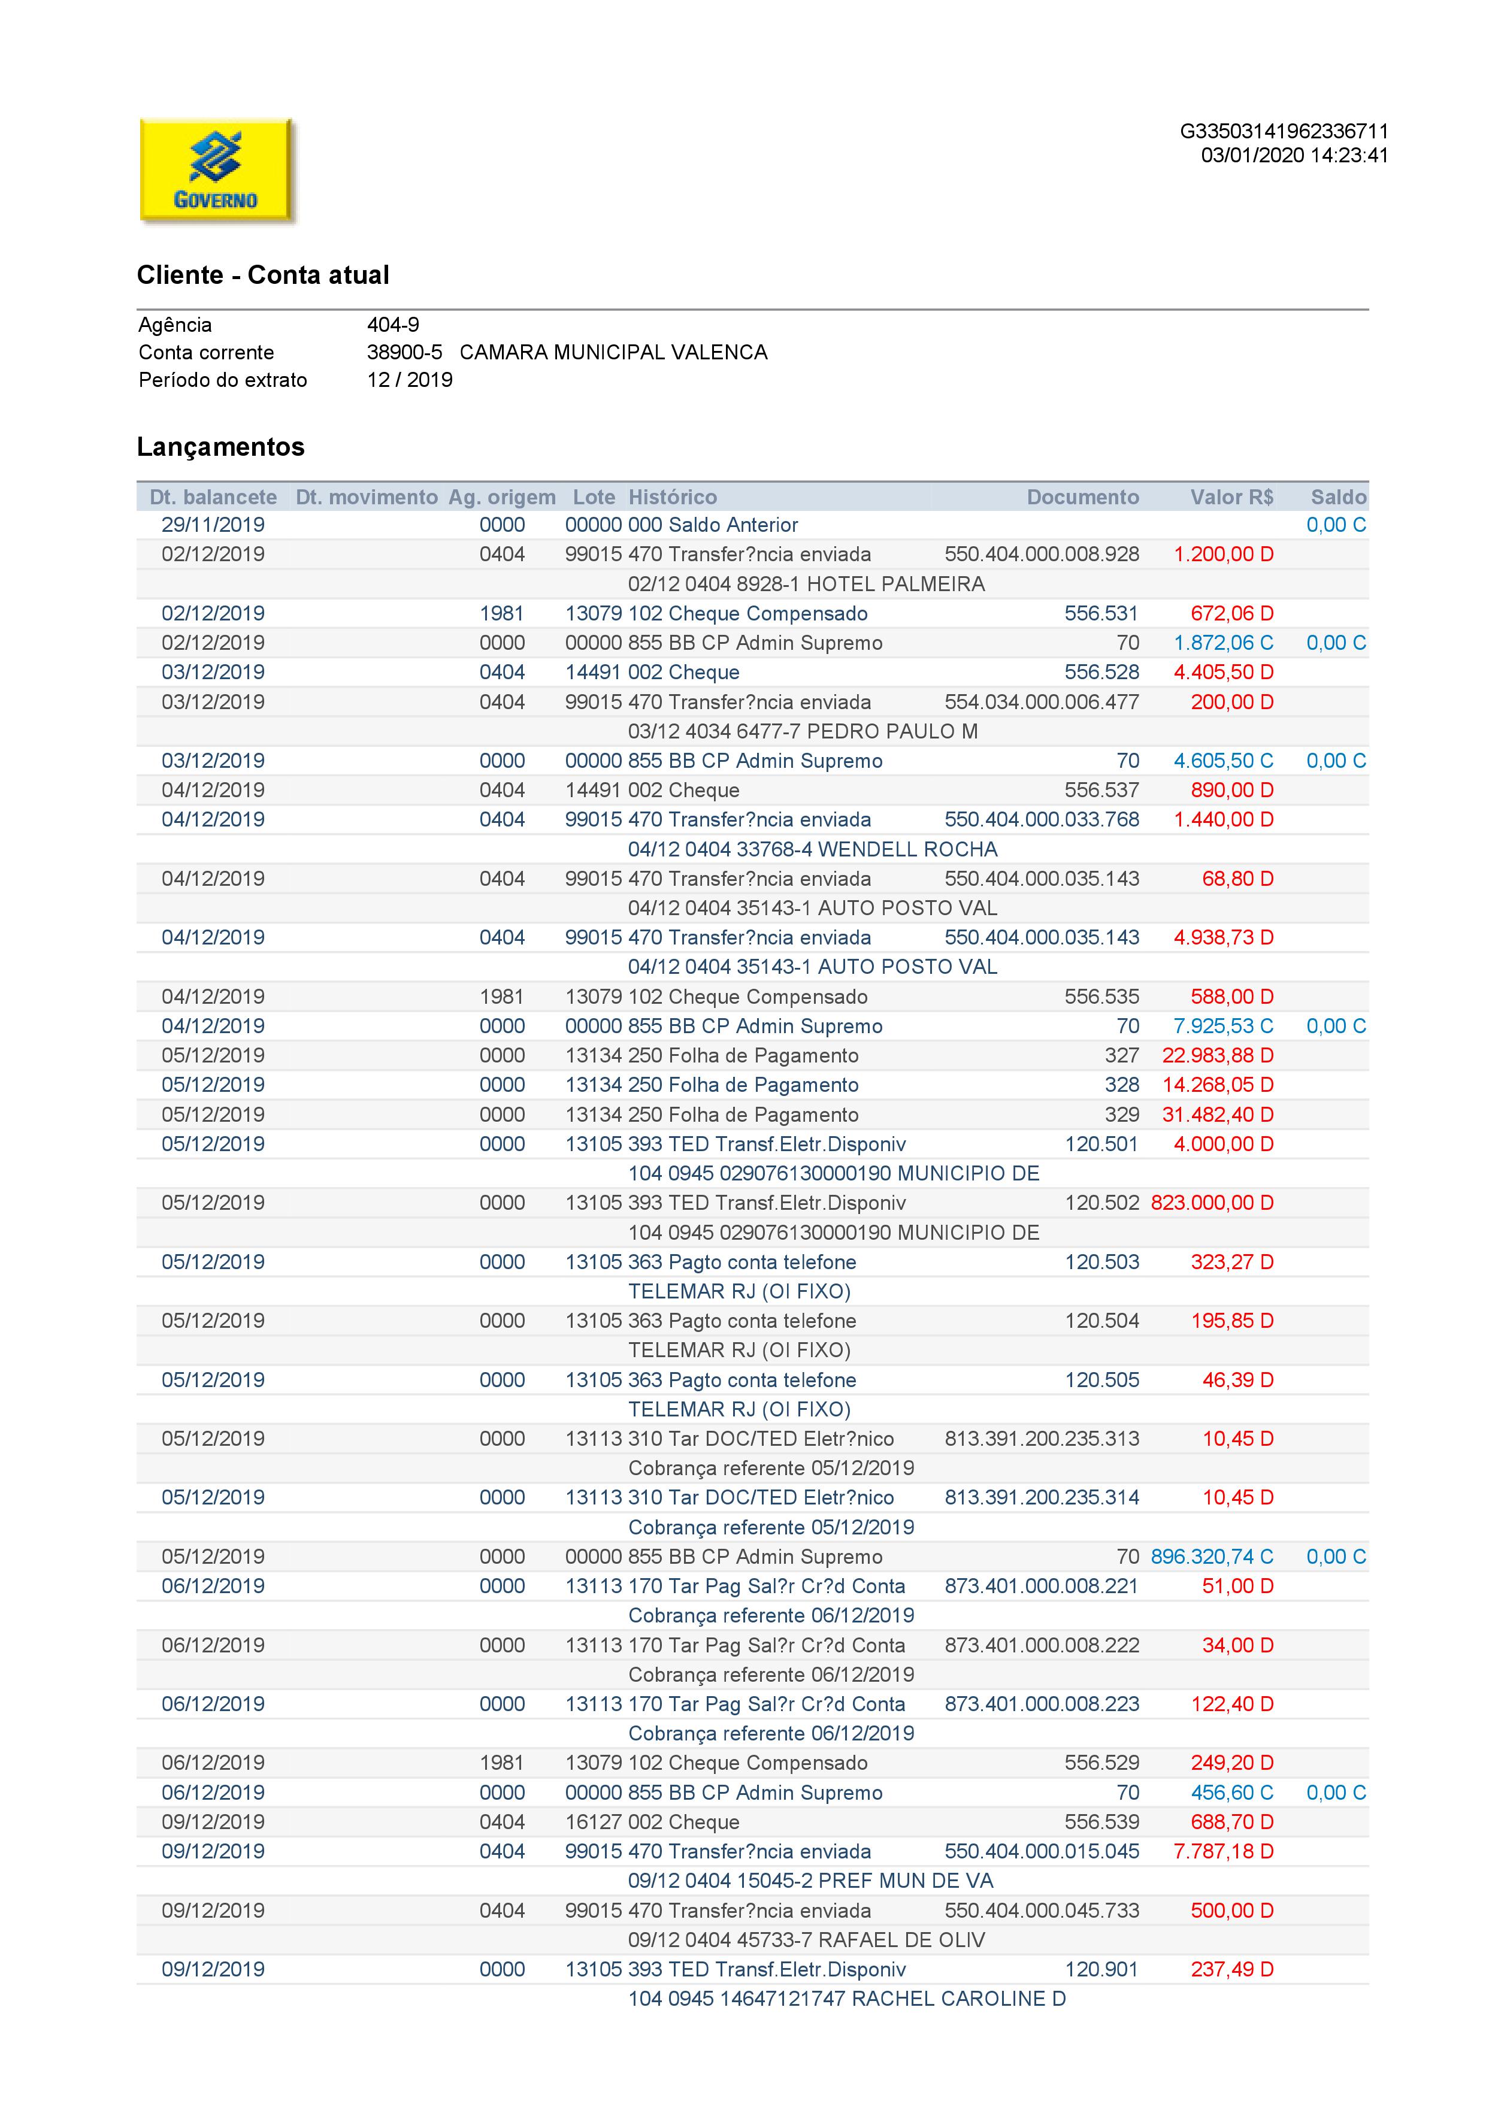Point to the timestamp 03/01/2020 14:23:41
pyautogui.click(x=1294, y=156)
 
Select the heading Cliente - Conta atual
pyautogui.click(x=262, y=276)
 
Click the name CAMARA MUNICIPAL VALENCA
pyautogui.click(x=613, y=352)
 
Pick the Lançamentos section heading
pyautogui.click(x=220, y=447)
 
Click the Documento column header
pyautogui.click(x=1082, y=497)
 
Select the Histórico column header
pyautogui.click(x=673, y=497)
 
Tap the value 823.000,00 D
pyautogui.click(x=1212, y=1203)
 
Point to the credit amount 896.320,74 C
pyautogui.click(x=1212, y=1557)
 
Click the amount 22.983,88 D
pyautogui.click(x=1217, y=1055)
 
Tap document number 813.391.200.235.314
pyautogui.click(x=1042, y=1497)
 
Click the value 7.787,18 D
pyautogui.click(x=1224, y=1851)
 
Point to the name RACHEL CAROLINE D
pyautogui.click(x=958, y=1999)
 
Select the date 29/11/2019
pyautogui.click(x=213, y=525)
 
